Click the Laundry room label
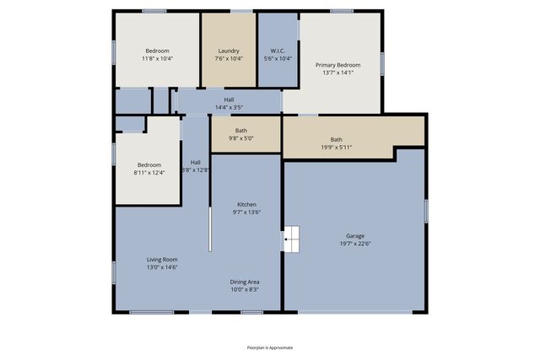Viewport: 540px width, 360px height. [x=229, y=51]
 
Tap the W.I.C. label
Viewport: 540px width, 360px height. [x=278, y=51]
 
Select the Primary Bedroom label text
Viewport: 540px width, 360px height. [x=338, y=65]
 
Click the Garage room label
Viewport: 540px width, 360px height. [x=355, y=235]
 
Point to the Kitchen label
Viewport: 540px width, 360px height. [x=246, y=205]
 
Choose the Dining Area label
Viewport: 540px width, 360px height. [x=245, y=282]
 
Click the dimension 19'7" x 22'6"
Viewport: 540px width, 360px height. [x=355, y=244]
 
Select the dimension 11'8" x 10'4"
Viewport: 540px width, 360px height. [x=157, y=59]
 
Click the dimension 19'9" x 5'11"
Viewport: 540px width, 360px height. [x=337, y=147]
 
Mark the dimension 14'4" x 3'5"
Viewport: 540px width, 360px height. [x=229, y=107]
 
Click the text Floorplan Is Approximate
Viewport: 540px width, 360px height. [x=270, y=347]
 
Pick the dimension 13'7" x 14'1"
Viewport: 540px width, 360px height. [x=338, y=73]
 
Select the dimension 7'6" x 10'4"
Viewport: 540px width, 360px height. [x=229, y=59]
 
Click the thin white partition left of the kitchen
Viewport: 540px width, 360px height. [x=209, y=219]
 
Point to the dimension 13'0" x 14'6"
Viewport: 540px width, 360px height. [x=162, y=267]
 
